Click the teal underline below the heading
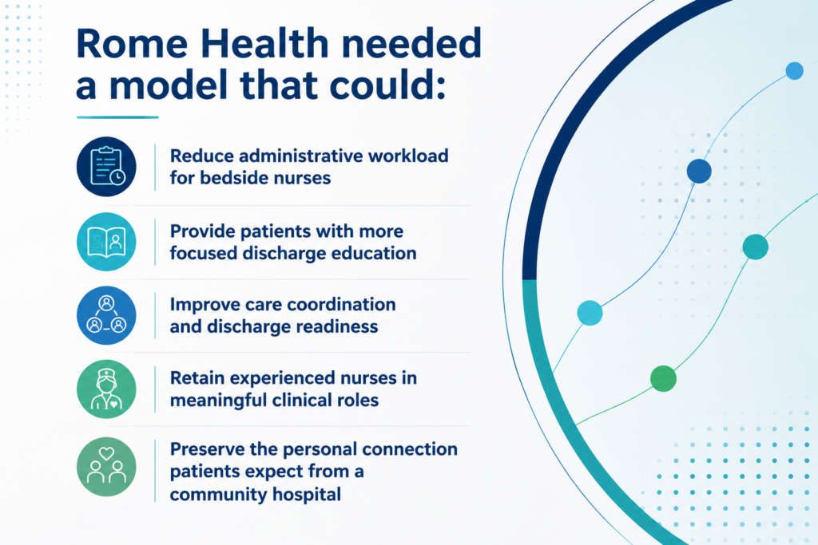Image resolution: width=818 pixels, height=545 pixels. click(117, 117)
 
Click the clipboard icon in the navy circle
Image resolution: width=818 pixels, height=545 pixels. click(106, 167)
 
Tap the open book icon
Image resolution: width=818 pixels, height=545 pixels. click(106, 242)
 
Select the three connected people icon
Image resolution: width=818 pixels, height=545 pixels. click(106, 315)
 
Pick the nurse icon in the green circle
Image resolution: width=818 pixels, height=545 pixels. click(106, 389)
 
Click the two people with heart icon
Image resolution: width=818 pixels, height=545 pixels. click(106, 465)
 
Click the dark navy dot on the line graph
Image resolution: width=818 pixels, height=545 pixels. click(699, 171)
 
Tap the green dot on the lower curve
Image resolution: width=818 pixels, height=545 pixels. click(664, 378)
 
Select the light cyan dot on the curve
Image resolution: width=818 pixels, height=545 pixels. click(590, 313)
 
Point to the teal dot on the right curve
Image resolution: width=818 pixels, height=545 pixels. click(756, 247)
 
